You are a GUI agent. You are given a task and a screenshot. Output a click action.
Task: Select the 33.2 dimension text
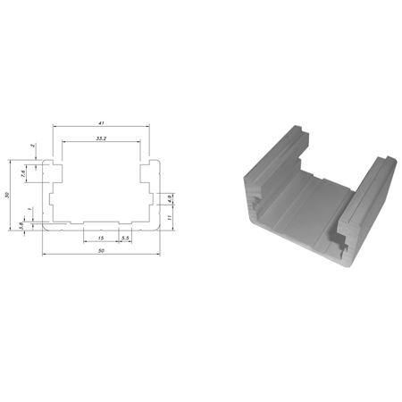(x=100, y=138)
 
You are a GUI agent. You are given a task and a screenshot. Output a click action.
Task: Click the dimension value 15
(x=100, y=239)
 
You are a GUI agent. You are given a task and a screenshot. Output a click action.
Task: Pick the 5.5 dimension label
(x=125, y=239)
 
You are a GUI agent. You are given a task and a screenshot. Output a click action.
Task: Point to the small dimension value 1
(x=31, y=209)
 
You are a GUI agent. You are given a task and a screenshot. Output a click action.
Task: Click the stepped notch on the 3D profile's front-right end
(x=340, y=239)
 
